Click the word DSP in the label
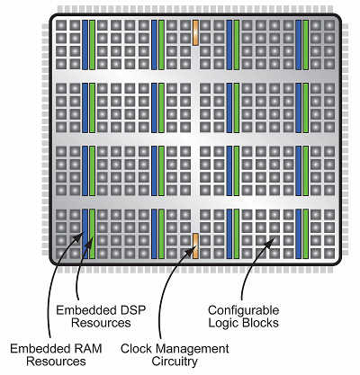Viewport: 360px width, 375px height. coord(132,310)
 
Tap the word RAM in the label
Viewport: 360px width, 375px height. coord(87,349)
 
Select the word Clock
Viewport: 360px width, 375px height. coord(136,349)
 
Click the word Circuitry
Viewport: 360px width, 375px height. coord(175,362)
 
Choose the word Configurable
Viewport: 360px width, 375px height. coord(244,310)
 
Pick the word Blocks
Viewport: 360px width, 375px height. coord(261,323)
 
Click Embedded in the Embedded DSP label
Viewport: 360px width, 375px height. coord(86,310)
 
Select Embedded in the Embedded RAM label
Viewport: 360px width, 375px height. coord(40,349)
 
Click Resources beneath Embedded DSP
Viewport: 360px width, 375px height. coord(101,323)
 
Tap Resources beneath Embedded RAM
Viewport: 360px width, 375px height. coord(56,362)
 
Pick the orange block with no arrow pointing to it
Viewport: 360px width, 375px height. coord(195,32)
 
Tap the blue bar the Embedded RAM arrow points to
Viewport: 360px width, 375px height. coord(85,234)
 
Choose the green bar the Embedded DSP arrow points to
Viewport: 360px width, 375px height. coord(93,234)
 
